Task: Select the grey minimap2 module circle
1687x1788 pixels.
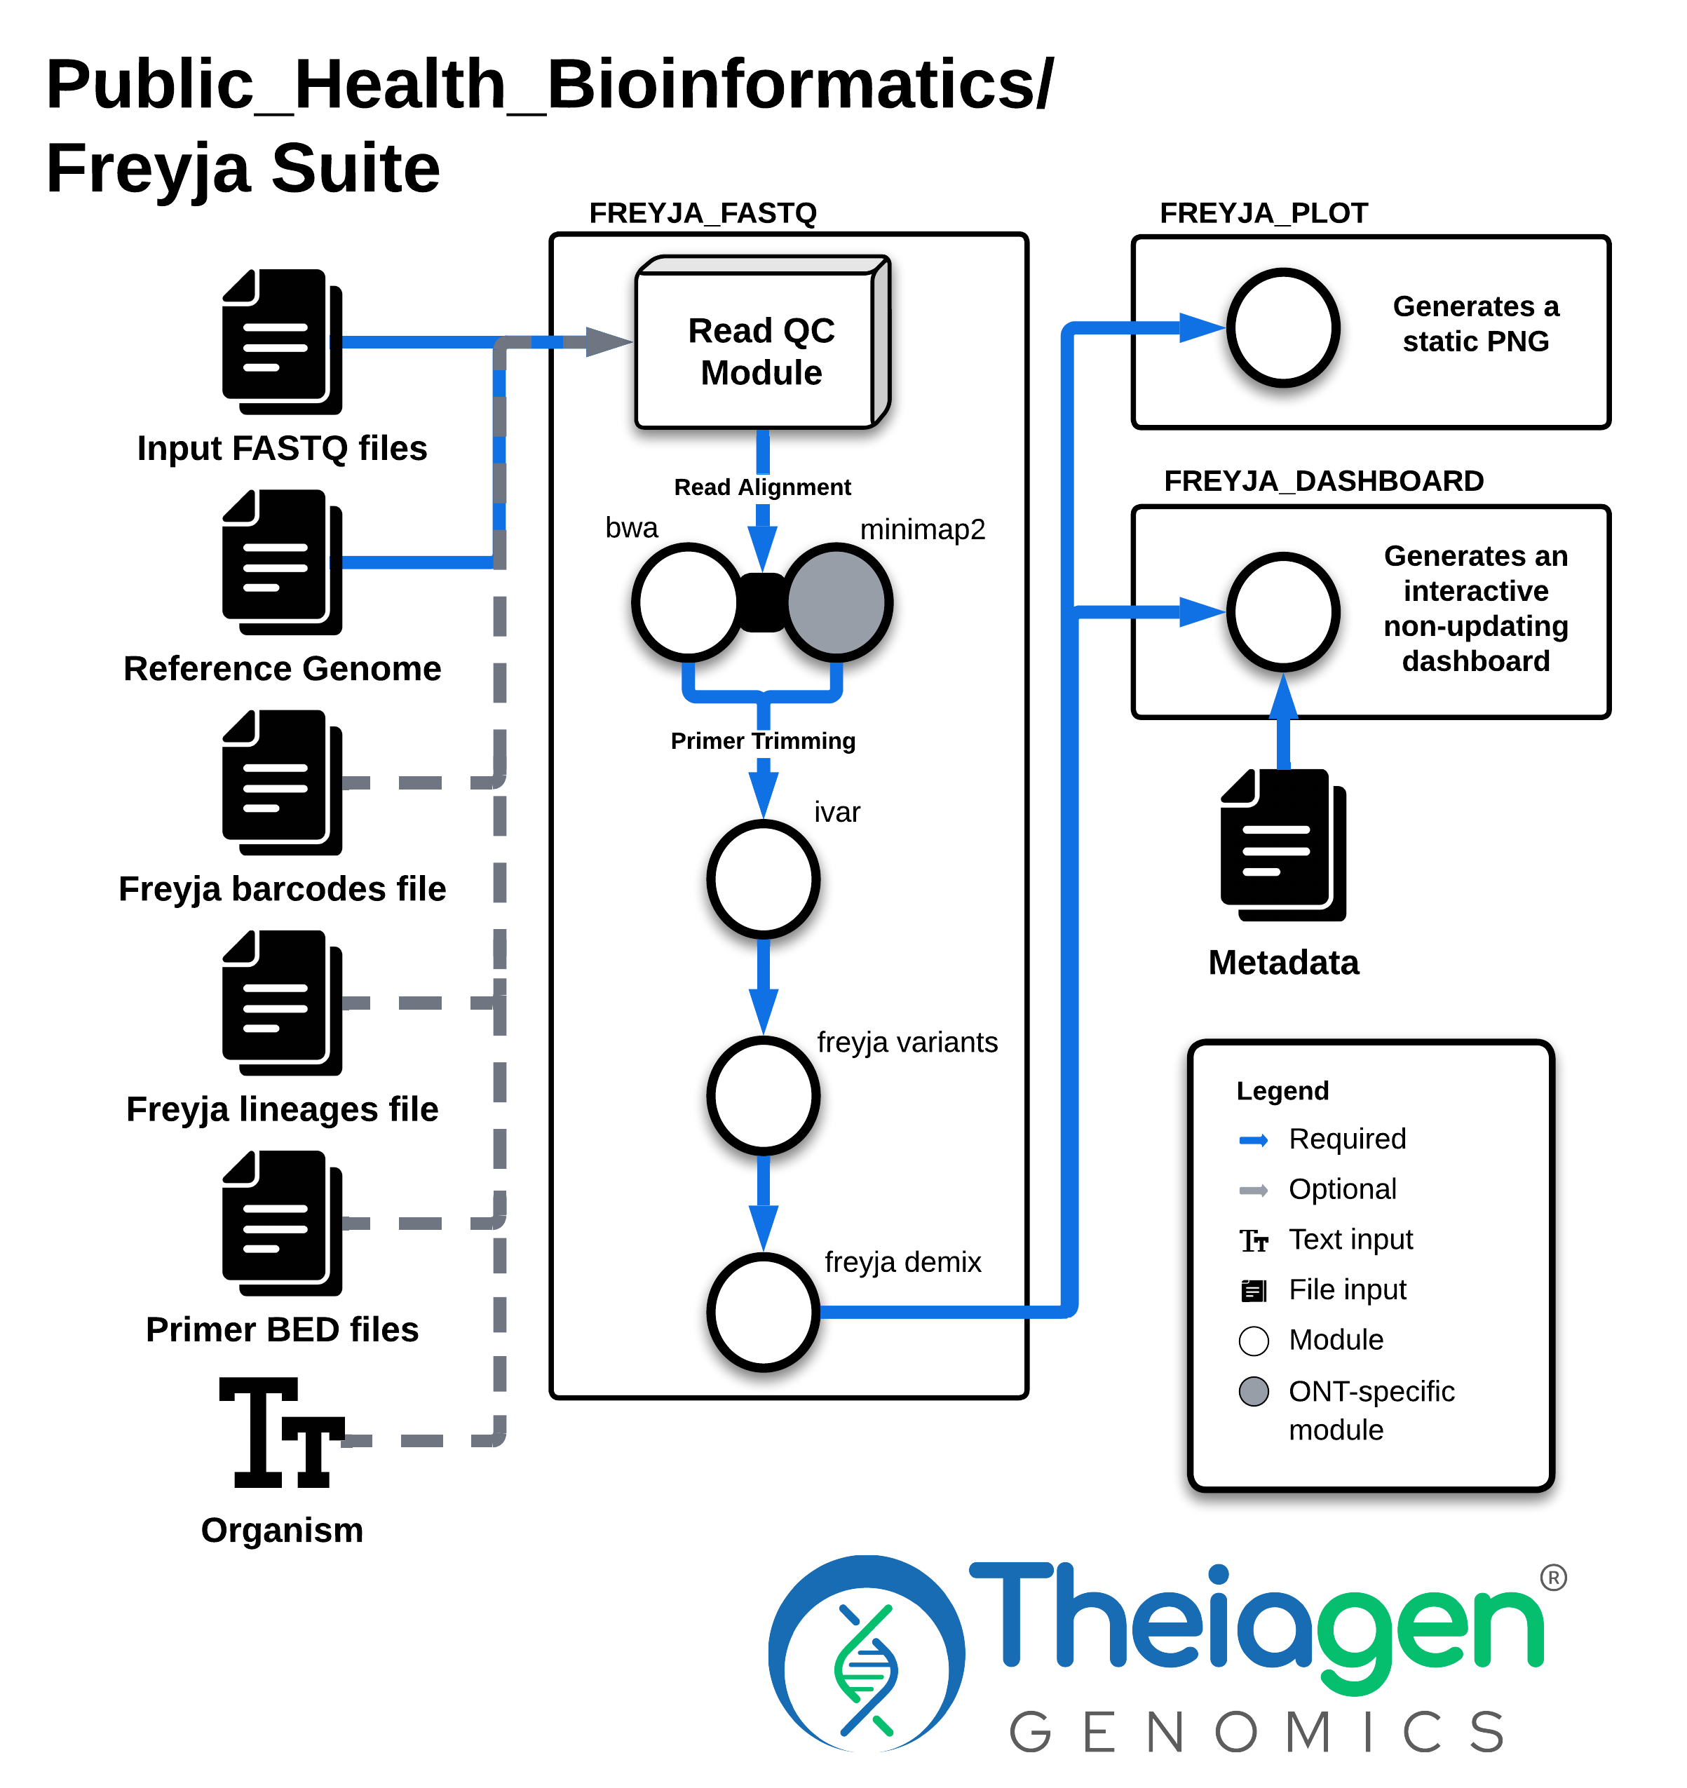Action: click(837, 602)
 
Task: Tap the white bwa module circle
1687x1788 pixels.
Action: click(689, 602)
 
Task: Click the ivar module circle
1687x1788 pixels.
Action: click(764, 879)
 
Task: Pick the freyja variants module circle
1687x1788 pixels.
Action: click(764, 1095)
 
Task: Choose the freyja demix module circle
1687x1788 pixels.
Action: click(764, 1312)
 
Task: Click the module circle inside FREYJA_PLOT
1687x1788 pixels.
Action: click(1284, 328)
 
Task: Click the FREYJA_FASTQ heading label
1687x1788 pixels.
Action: click(703, 213)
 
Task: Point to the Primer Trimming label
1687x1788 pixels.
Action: click(764, 741)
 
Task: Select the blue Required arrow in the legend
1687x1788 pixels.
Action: click(1254, 1140)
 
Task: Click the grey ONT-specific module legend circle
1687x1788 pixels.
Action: click(1254, 1391)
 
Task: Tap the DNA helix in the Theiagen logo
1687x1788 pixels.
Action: click(865, 1670)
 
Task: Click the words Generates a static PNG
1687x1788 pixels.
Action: click(1476, 324)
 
